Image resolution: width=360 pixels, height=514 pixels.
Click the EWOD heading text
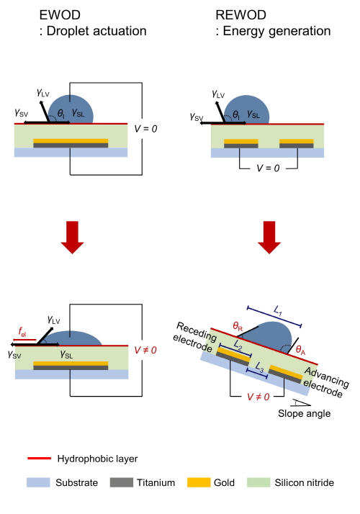tap(60, 15)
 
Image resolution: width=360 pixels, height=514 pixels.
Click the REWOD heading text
tap(240, 15)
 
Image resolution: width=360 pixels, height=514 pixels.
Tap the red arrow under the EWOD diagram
tap(73, 237)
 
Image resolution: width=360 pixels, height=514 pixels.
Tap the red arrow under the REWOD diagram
tap(269, 237)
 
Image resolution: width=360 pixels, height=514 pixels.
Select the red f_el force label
tap(22, 332)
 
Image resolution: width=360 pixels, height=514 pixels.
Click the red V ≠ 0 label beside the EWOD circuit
tap(145, 350)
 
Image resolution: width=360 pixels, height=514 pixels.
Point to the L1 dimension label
tap(278, 310)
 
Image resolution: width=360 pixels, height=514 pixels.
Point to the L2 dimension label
tap(238, 345)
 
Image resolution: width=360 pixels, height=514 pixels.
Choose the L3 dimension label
tap(259, 367)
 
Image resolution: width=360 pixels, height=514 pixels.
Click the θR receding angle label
tap(238, 327)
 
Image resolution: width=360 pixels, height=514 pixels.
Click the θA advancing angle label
tap(300, 350)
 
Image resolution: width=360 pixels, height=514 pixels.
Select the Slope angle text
tap(304, 413)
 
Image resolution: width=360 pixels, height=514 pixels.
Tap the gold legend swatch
tap(199, 482)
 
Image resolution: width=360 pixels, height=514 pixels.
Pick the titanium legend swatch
tap(121, 482)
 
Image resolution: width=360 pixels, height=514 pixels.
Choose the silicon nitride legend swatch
tap(258, 482)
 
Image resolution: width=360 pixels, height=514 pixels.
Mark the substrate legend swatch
tap(38, 482)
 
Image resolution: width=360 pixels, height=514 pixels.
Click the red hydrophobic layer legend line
tap(40, 459)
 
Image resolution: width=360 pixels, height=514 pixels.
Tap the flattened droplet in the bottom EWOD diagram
tap(73, 338)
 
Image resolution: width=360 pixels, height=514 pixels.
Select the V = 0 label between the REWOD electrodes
tap(268, 168)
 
